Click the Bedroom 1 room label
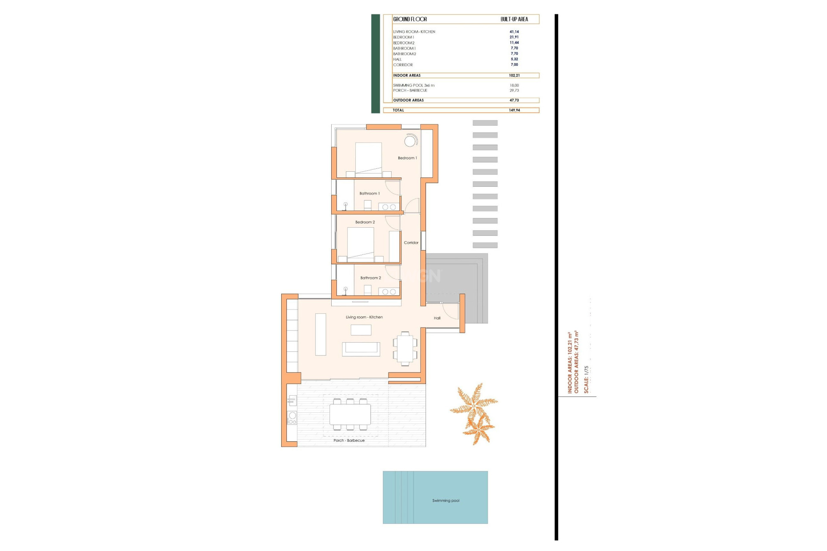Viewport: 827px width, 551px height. click(407, 158)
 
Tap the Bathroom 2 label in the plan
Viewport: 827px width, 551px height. click(370, 278)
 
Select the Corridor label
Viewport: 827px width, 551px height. click(411, 243)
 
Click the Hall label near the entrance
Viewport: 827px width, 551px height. click(437, 318)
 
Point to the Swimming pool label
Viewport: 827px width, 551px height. click(446, 501)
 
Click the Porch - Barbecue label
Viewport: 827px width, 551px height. click(349, 441)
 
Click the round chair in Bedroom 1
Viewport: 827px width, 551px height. click(410, 141)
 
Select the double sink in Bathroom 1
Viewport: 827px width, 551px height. click(389, 207)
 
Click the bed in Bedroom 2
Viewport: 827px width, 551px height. click(361, 243)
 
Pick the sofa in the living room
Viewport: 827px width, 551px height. click(361, 348)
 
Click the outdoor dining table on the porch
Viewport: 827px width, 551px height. click(350, 415)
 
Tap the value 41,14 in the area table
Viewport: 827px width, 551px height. click(514, 32)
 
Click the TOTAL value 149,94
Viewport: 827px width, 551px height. click(514, 110)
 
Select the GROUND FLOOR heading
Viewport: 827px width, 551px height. click(410, 19)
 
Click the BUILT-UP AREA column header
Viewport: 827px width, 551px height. click(514, 19)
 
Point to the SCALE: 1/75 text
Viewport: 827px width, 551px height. click(586, 379)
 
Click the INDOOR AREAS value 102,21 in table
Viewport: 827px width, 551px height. click(514, 75)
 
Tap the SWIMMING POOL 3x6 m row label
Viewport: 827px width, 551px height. click(413, 86)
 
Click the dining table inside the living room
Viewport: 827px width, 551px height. click(405, 349)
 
